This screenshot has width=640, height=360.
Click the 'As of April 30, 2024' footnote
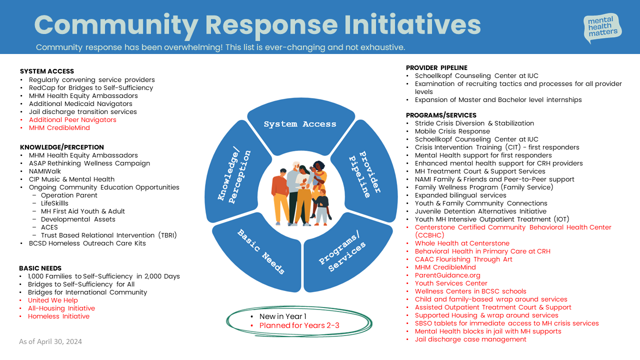click(x=50, y=341)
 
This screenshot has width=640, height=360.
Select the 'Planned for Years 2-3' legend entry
click(x=299, y=325)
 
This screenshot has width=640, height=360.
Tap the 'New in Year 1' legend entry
click(x=283, y=316)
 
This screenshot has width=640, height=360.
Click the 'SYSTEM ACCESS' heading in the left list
click(x=47, y=71)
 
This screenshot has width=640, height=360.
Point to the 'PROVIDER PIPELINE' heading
click(x=436, y=67)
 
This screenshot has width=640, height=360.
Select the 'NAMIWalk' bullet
click(x=45, y=171)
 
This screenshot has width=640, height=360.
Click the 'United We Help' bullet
click(x=53, y=300)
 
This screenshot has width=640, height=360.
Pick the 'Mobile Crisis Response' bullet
click(x=452, y=131)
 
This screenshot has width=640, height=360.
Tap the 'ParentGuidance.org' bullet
click(x=447, y=275)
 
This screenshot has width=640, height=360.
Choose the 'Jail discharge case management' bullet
click(x=470, y=339)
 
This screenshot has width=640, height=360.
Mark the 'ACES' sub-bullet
click(x=49, y=227)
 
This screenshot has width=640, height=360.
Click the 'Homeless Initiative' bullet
click(x=58, y=316)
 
